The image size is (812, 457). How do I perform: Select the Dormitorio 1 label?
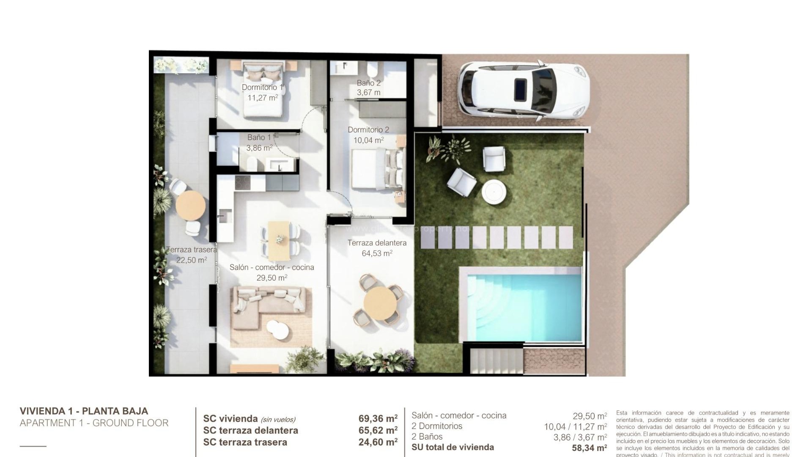[x=262, y=88]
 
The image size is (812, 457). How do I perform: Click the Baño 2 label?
[x=368, y=83]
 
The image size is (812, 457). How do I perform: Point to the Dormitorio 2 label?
[x=368, y=130]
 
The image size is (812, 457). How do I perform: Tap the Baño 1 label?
[x=259, y=138]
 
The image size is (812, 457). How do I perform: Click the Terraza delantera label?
[x=377, y=243]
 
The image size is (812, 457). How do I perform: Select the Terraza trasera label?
[x=192, y=250]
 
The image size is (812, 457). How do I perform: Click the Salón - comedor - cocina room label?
[x=272, y=267]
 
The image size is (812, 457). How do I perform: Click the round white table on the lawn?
[x=494, y=193]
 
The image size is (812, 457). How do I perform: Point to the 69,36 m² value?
[x=378, y=419]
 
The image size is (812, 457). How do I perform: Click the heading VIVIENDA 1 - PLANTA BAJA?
[x=84, y=411]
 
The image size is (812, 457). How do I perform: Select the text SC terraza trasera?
[x=245, y=442]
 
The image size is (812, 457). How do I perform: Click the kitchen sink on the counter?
[x=224, y=215]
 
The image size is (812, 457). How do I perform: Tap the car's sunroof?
[x=520, y=89]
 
